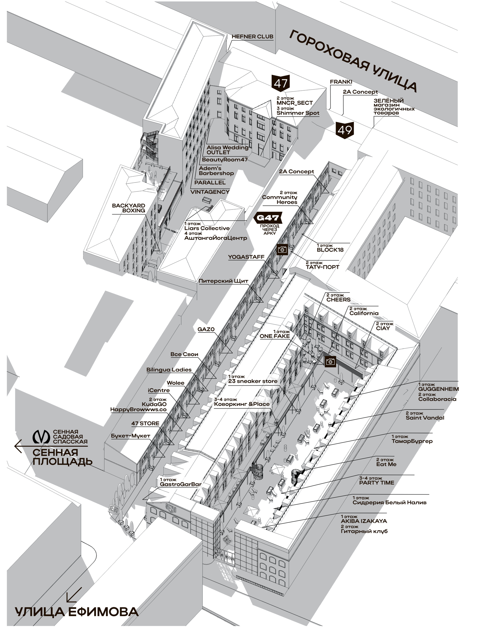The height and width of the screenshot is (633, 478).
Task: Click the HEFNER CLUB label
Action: (252, 37)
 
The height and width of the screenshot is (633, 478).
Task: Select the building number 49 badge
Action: (345, 130)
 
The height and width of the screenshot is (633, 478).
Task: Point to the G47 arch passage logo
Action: (268, 218)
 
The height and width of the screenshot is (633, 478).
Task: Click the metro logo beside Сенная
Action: (41, 437)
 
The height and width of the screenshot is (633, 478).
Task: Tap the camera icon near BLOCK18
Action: (282, 250)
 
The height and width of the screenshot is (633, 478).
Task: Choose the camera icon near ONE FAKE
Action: (330, 361)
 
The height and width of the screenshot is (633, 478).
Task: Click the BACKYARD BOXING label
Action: (129, 208)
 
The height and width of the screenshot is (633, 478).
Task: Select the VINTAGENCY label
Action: (210, 192)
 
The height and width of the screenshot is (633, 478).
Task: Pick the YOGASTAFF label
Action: (246, 257)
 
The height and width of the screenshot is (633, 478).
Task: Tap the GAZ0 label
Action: (206, 329)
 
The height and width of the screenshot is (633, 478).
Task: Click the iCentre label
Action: (159, 390)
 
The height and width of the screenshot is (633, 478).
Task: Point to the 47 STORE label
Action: (145, 423)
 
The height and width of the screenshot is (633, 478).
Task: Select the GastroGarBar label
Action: (181, 484)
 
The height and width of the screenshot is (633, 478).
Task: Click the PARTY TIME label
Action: (376, 483)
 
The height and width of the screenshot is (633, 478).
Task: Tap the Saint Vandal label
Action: (425, 418)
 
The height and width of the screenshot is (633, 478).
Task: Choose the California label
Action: (364, 313)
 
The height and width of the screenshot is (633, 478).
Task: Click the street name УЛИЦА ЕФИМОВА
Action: (77, 612)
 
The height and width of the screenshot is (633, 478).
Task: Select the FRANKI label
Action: (341, 82)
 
